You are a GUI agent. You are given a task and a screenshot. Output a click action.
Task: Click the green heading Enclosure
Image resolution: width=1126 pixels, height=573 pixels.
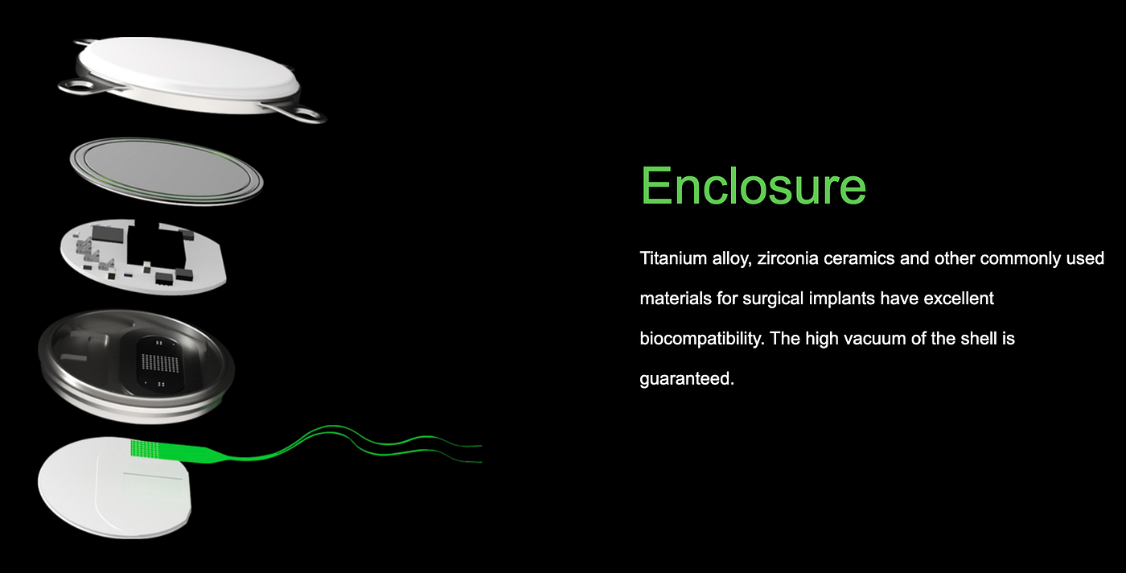tap(753, 187)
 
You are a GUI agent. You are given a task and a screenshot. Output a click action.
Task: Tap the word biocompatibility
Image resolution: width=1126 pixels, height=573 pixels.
tap(702, 339)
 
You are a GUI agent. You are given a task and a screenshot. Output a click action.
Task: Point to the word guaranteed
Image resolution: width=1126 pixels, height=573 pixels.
tap(687, 379)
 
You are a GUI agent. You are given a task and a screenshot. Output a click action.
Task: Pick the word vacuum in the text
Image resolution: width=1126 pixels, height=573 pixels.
tap(876, 339)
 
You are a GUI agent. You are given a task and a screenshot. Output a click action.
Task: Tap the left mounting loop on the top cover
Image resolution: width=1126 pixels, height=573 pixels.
tap(78, 88)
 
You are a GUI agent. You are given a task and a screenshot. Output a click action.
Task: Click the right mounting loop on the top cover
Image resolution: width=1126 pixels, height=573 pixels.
tap(302, 113)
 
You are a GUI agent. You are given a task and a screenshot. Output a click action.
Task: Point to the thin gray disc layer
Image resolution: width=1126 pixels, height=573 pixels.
tap(166, 171)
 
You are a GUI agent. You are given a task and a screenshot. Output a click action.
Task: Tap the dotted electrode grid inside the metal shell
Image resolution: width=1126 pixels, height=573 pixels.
tap(160, 362)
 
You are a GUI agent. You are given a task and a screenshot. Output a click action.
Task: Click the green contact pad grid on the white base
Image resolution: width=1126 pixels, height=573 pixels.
tap(145, 449)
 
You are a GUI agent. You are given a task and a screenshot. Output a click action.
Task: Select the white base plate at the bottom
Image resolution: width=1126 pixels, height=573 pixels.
tap(114, 488)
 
